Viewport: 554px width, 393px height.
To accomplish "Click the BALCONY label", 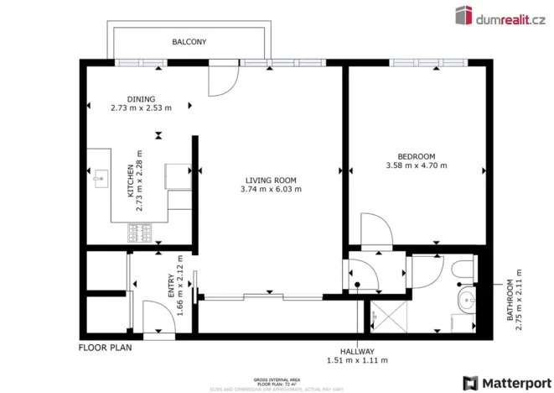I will click(189, 41).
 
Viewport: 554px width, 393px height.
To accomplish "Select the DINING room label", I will click(141, 98).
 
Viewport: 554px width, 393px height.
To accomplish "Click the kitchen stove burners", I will click(140, 233).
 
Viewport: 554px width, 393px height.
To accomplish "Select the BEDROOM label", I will click(416, 156).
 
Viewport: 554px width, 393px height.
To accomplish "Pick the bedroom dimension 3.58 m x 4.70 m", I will click(416, 166).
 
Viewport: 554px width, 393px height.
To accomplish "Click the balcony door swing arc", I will click(220, 79).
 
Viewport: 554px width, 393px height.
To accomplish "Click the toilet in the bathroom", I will click(463, 269).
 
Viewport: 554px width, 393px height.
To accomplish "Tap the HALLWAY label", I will click(357, 351).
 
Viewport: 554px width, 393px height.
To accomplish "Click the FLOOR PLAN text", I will click(106, 347).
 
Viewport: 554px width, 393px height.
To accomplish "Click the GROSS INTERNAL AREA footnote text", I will click(277, 379).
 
